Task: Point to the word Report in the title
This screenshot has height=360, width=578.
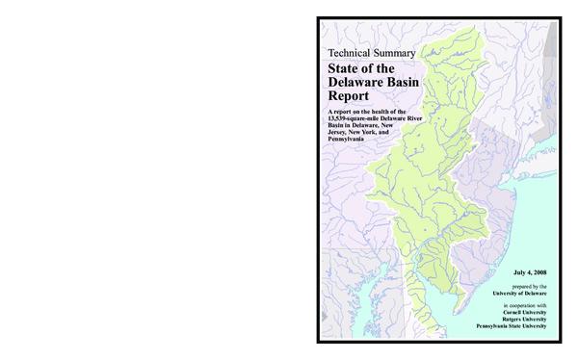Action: tap(349, 98)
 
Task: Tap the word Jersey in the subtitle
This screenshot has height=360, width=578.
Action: tap(339, 133)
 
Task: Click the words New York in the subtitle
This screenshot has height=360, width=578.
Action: tap(372, 133)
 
